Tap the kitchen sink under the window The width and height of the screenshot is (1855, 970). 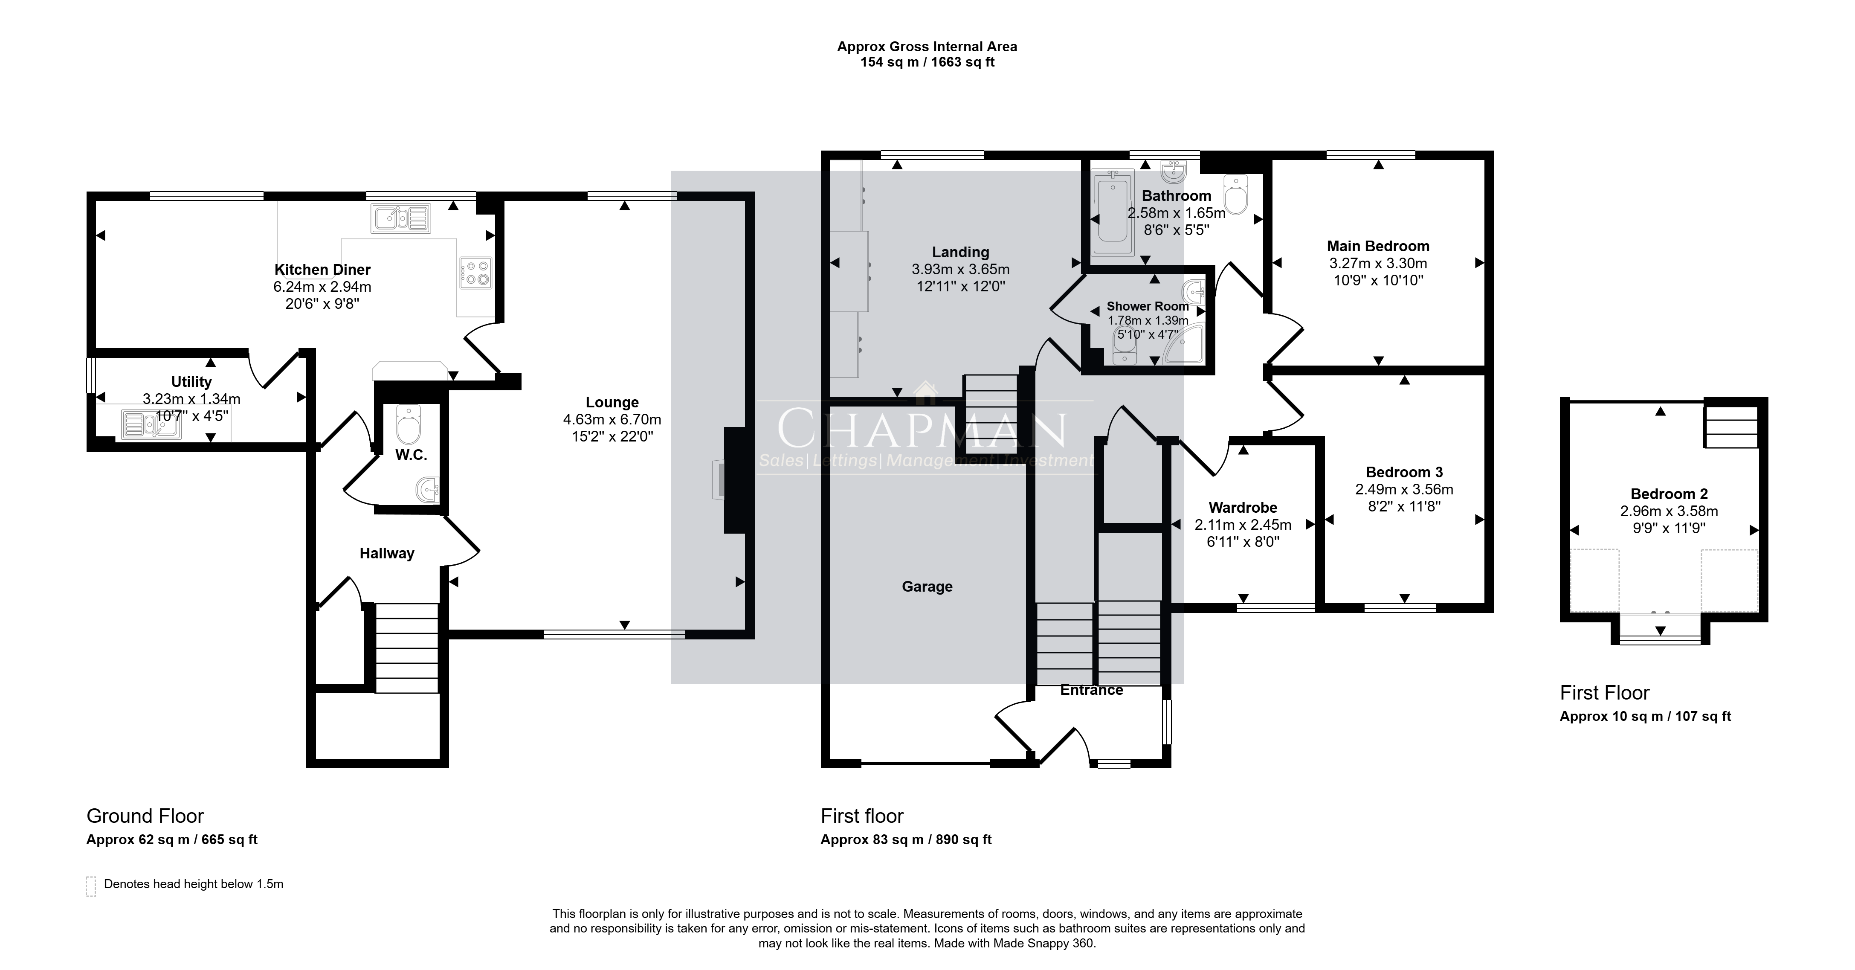[x=401, y=219]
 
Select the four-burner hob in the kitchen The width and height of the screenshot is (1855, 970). [x=475, y=273]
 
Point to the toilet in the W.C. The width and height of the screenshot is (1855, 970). [x=408, y=425]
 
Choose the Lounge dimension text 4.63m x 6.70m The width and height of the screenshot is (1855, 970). [x=612, y=420]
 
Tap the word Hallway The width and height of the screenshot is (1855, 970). [x=387, y=554]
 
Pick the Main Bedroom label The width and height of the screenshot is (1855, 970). [x=1378, y=246]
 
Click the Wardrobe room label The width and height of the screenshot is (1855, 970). [x=1243, y=508]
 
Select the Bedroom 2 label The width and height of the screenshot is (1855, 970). [x=1669, y=494]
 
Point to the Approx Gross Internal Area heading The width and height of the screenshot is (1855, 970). [x=927, y=47]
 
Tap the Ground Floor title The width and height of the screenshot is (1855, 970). [x=145, y=816]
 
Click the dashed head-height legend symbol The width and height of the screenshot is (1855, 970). [x=91, y=886]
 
